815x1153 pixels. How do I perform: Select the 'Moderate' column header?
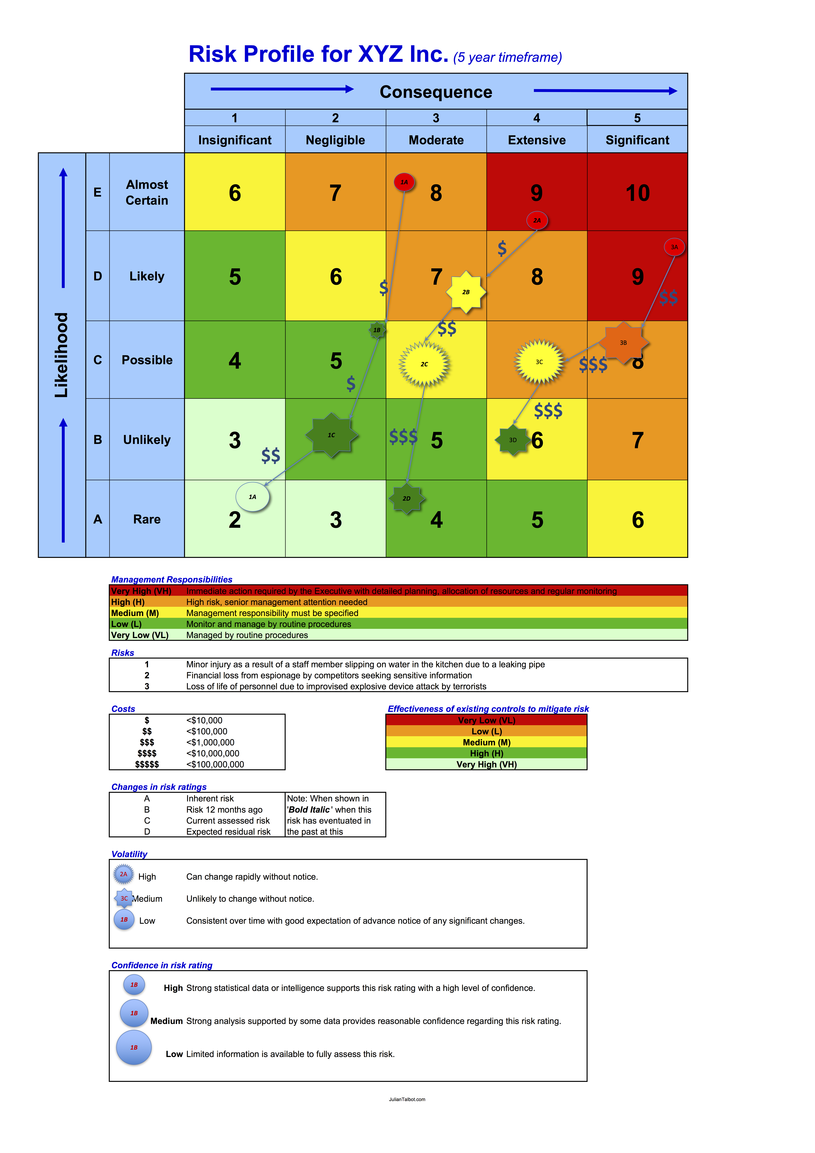pyautogui.click(x=436, y=140)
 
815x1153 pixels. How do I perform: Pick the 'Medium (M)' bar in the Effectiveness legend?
pyautogui.click(x=486, y=742)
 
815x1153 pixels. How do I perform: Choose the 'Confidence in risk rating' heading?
pyautogui.click(x=162, y=965)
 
